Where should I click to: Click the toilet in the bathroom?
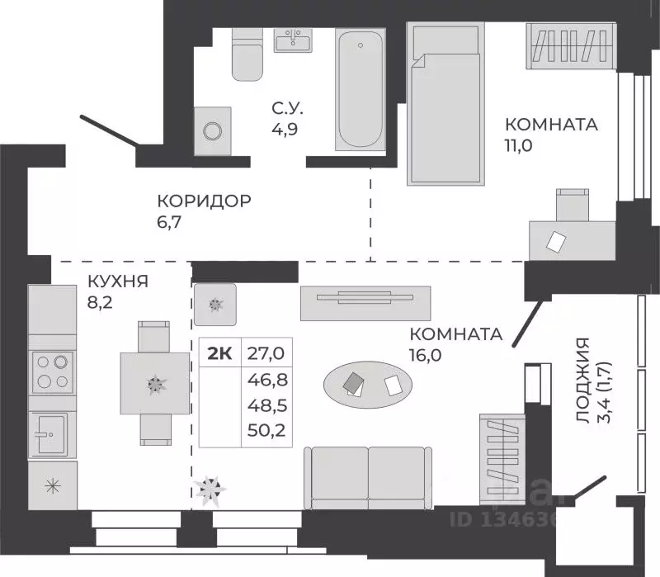pyautogui.click(x=247, y=55)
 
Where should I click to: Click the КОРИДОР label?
pyautogui.click(x=204, y=201)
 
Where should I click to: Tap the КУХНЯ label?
pyautogui.click(x=117, y=281)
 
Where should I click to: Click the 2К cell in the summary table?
pyautogui.click(x=219, y=354)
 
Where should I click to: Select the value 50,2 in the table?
pyautogui.click(x=265, y=431)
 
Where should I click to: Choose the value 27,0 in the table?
pyautogui.click(x=265, y=354)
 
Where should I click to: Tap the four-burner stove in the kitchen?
pyautogui.click(x=52, y=371)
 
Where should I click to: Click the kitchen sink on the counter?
pyautogui.click(x=52, y=433)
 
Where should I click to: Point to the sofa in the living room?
pyautogui.click(x=368, y=478)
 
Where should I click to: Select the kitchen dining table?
pyautogui.click(x=155, y=382)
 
